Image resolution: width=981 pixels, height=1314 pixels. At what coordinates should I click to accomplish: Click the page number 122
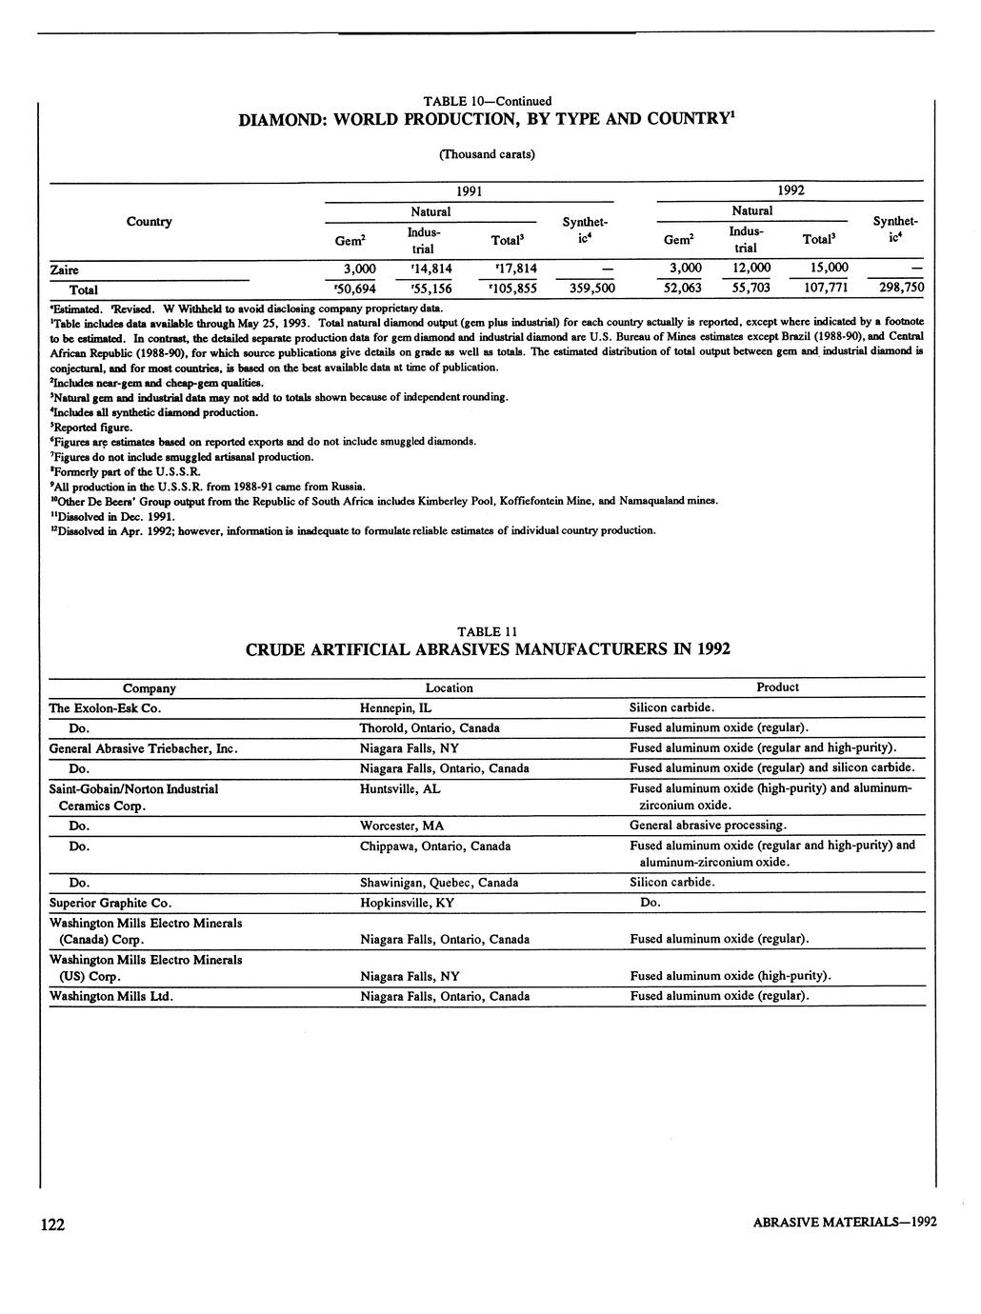tap(52, 1224)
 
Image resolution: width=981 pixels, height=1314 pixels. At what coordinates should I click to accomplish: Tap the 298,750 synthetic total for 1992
tap(900, 288)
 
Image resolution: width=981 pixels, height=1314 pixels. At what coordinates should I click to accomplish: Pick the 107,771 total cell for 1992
tap(821, 288)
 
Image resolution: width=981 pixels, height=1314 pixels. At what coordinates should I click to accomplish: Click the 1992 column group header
tap(791, 190)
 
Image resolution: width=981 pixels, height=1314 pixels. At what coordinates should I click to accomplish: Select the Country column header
tap(150, 222)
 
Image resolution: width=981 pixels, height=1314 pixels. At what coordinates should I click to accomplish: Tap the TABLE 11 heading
tap(488, 631)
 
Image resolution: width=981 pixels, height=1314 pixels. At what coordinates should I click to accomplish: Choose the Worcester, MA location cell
tap(402, 826)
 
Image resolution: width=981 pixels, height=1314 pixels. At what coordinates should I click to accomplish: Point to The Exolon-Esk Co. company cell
tap(105, 708)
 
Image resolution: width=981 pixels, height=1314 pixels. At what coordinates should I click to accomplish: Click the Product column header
tap(777, 687)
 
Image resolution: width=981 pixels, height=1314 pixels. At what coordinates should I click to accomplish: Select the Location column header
tap(450, 688)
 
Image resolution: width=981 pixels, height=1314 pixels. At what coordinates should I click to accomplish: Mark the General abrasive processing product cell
tap(708, 826)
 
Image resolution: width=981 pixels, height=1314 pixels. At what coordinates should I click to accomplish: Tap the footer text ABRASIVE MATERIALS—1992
tap(844, 1224)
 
